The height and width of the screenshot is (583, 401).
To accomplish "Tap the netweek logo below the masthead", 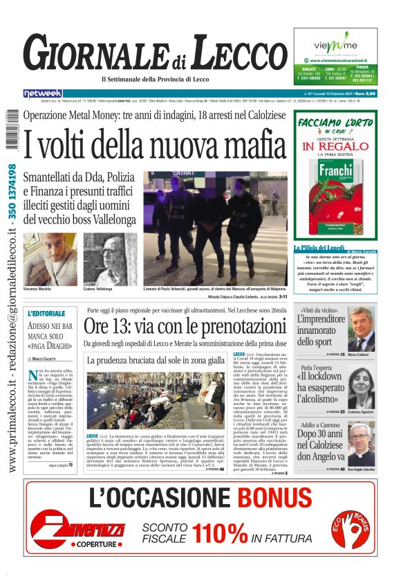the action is [x=43, y=93].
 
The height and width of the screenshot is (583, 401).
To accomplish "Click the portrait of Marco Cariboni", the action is [x=360, y=330].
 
